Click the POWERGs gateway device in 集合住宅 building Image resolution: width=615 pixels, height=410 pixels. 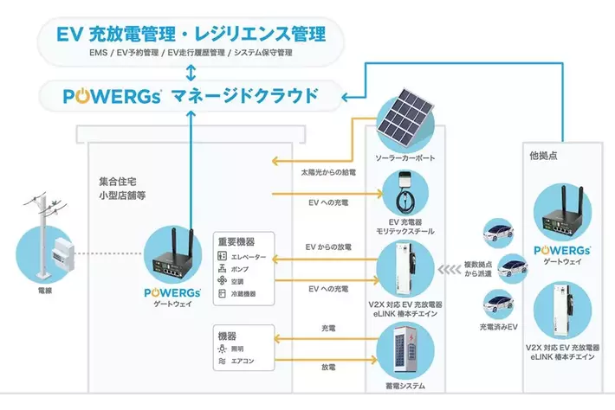pos(174,254)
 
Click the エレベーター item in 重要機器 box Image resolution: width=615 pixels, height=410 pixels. pos(250,258)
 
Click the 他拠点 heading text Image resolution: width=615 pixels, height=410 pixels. pos(541,156)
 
